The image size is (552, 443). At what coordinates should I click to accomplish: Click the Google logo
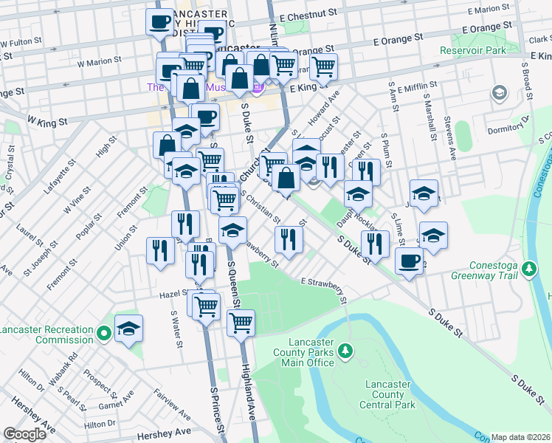(x=24, y=434)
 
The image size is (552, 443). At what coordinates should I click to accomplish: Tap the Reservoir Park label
(x=473, y=51)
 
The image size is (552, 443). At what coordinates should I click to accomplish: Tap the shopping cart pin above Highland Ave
(x=241, y=322)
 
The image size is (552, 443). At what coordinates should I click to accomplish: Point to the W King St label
(x=47, y=120)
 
